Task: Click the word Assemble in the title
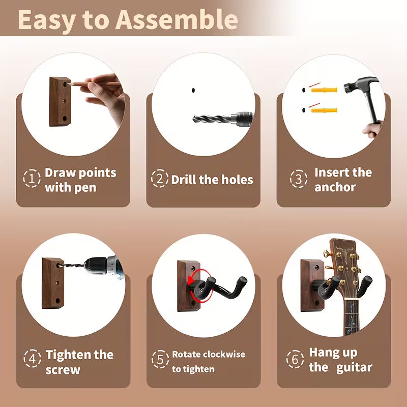177,20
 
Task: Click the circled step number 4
32,359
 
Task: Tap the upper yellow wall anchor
324,90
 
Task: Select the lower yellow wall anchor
324,110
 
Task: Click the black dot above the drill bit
193,91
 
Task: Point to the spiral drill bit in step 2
212,120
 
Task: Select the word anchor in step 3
335,187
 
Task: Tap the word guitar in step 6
354,368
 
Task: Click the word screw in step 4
63,370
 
